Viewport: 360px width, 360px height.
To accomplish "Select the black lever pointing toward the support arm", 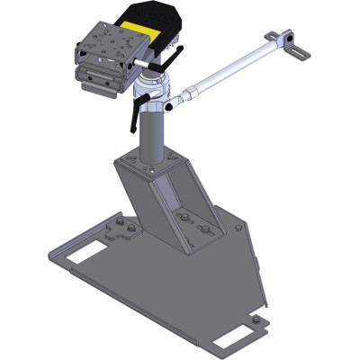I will pyautogui.click(x=174, y=64).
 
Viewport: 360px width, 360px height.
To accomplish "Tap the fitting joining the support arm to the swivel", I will pyautogui.click(x=184, y=94).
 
